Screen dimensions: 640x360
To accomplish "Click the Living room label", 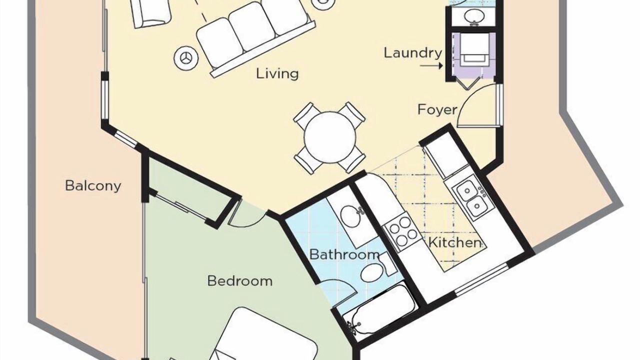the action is tap(277, 73).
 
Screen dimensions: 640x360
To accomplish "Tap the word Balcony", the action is tap(93, 186).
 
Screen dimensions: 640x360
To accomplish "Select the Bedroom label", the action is tap(239, 281).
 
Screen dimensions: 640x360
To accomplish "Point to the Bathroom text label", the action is tap(344, 254).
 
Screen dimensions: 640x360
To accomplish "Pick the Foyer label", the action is tap(437, 109).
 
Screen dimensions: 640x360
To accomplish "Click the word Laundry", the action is tap(413, 53).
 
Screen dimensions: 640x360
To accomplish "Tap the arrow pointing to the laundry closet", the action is tap(431, 66).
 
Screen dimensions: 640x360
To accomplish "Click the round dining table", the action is tap(330, 137).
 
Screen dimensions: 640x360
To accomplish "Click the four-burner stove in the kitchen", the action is tap(401, 231).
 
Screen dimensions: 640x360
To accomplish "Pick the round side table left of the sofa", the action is tap(186, 58).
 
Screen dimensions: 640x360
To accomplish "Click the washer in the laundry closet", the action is tap(474, 50).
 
